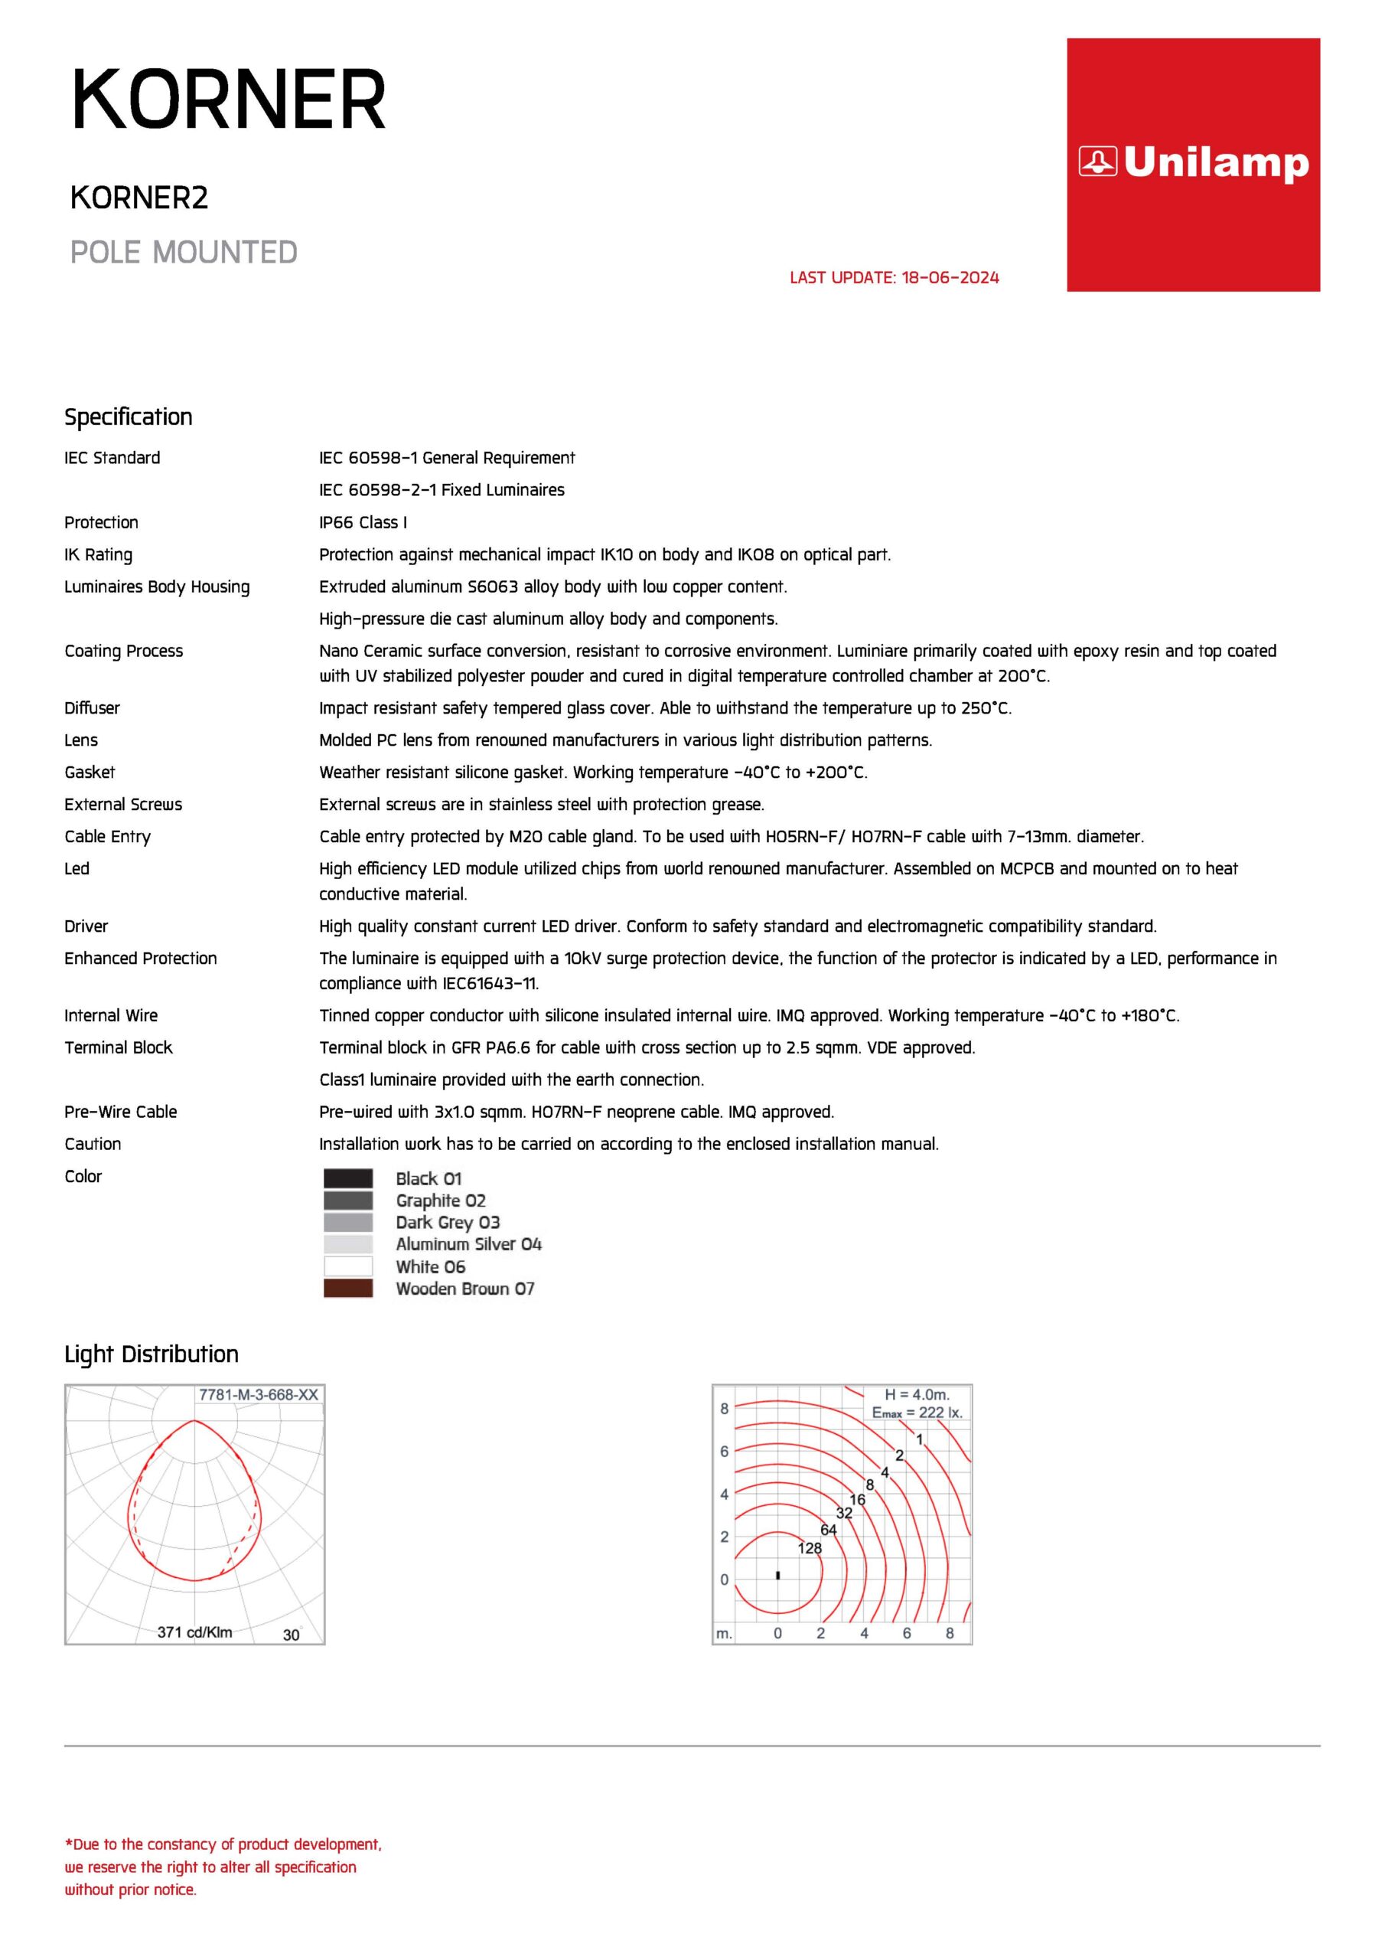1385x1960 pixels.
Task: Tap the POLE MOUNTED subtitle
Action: pos(184,253)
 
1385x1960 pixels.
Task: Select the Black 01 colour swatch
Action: pos(347,1178)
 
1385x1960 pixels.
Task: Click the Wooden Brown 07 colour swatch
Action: pos(347,1289)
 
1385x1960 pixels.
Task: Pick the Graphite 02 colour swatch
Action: pos(347,1200)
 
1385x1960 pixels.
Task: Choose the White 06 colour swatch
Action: pos(347,1266)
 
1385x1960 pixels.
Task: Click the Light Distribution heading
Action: pos(151,1354)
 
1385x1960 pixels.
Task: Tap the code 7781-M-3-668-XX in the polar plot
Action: pos(258,1395)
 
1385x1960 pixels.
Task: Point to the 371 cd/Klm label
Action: pos(194,1632)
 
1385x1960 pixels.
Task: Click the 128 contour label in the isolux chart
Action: pos(809,1547)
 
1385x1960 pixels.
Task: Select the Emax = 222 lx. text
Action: pos(917,1413)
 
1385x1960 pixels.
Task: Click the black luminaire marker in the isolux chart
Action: pos(777,1575)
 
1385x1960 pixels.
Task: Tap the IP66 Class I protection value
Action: pos(363,522)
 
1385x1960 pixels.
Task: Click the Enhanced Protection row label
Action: pos(141,959)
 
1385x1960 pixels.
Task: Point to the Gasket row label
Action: pos(90,773)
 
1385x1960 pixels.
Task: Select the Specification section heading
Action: pos(128,416)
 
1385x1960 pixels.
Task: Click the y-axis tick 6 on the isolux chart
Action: pos(725,1451)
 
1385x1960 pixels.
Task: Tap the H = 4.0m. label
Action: pos(917,1395)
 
